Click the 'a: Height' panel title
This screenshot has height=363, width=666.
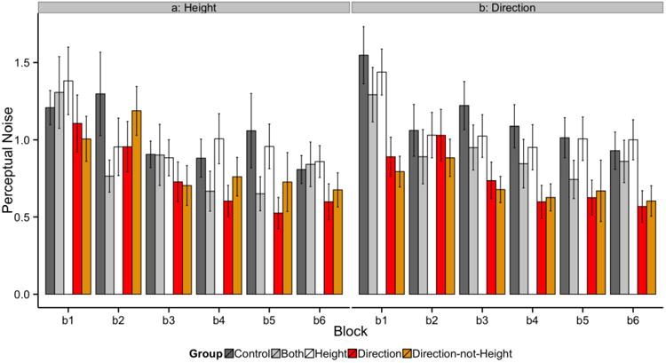[194, 7]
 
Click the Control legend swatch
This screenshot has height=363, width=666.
[233, 351]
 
